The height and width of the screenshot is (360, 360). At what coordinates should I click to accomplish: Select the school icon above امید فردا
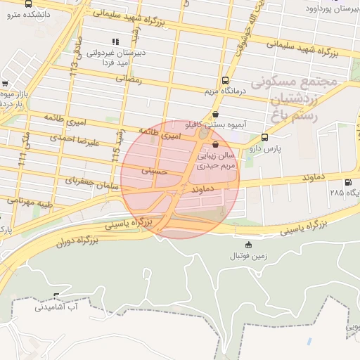click(115, 41)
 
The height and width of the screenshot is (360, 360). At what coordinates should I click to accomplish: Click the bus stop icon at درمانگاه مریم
click(225, 80)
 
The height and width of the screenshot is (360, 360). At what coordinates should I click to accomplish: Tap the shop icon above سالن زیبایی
click(215, 145)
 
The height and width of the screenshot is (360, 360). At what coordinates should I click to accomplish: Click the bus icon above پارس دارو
click(264, 137)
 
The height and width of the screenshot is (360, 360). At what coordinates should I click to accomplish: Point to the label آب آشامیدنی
click(56, 307)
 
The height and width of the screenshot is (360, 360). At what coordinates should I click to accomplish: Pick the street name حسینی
click(154, 171)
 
